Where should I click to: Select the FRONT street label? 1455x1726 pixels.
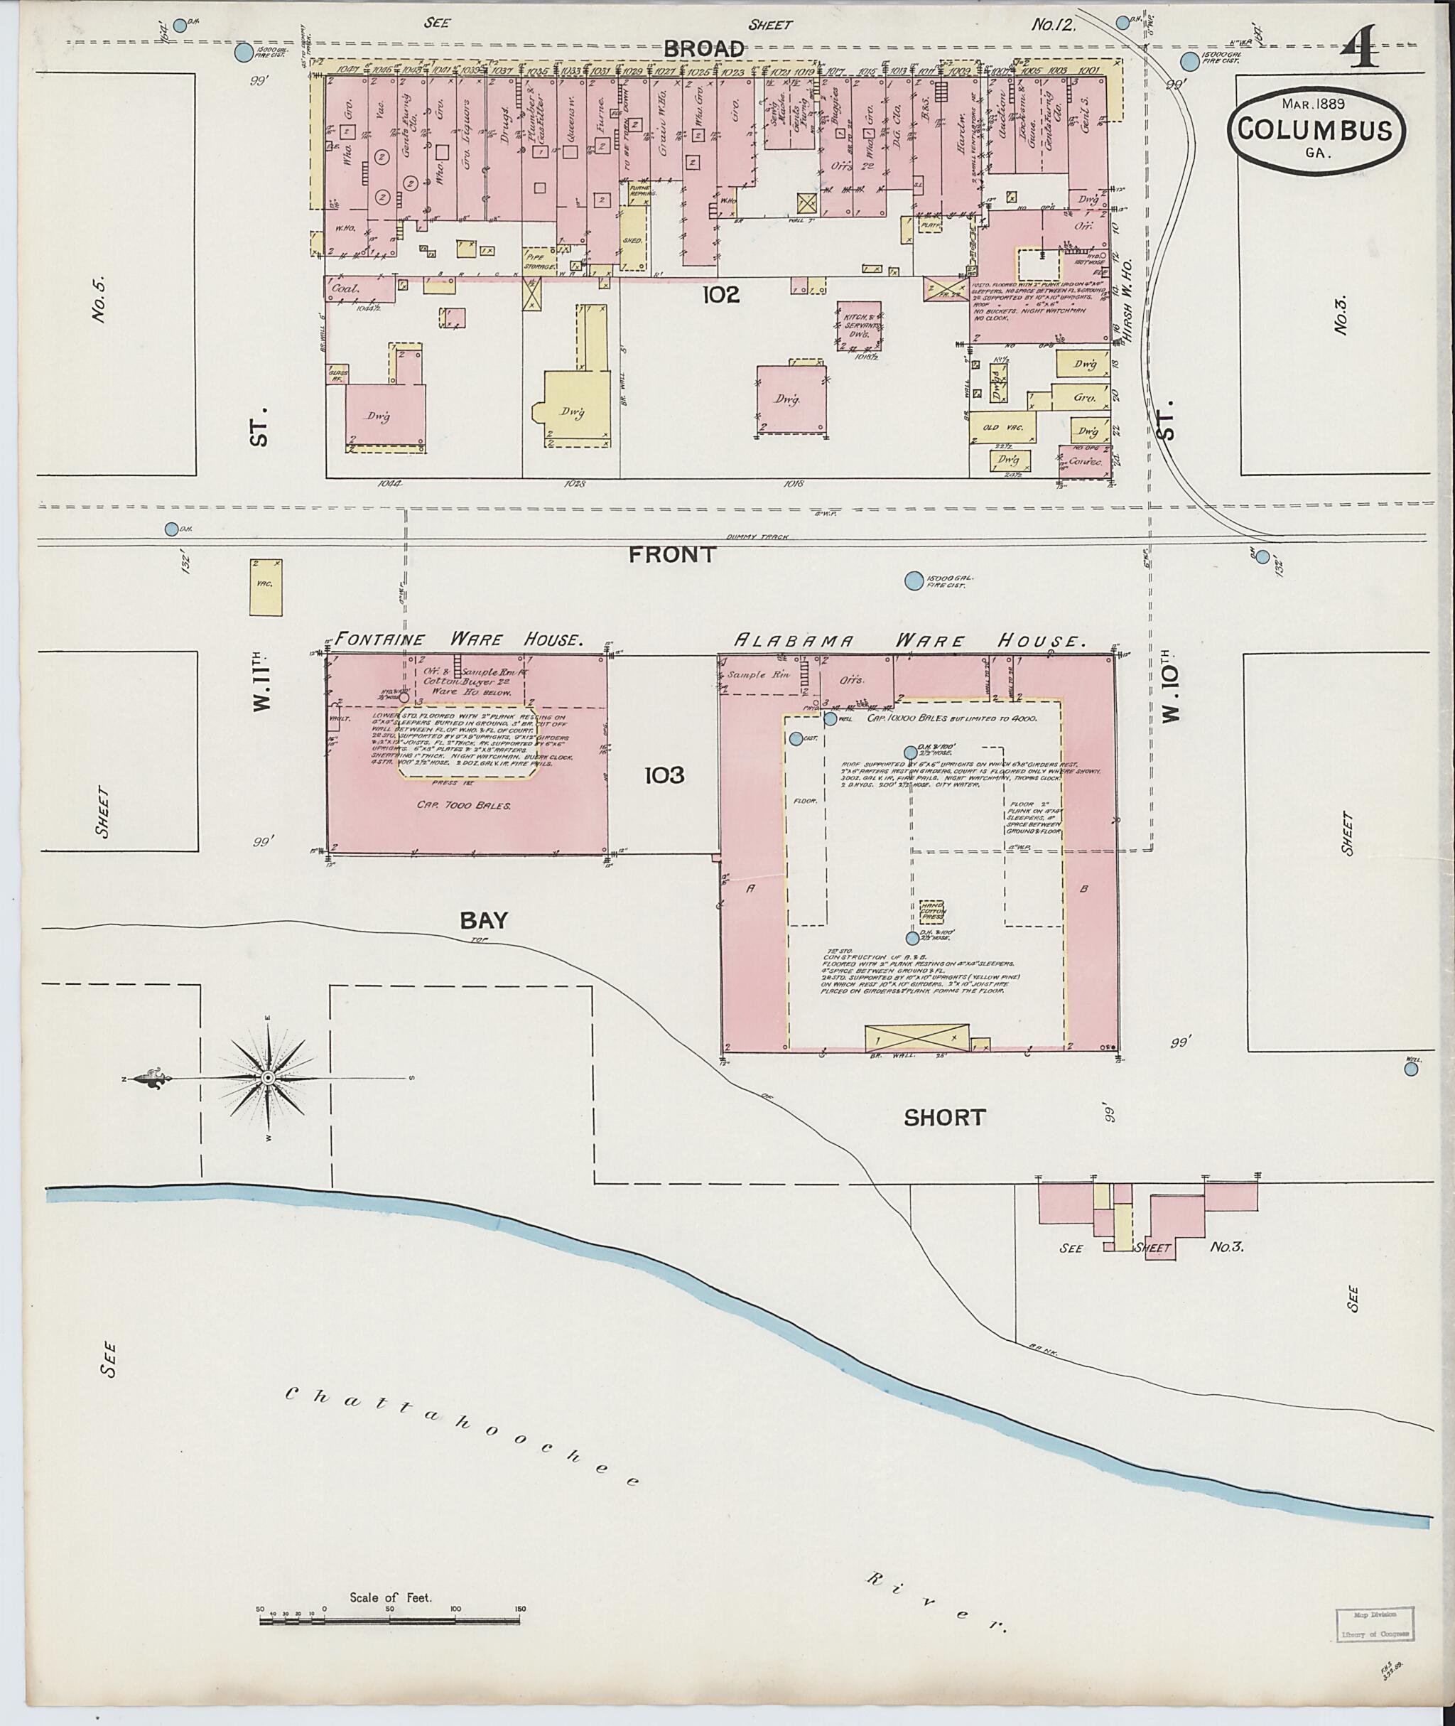[x=672, y=555]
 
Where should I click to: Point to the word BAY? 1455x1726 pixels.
[x=485, y=920]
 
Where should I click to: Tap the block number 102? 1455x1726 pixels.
[x=720, y=295]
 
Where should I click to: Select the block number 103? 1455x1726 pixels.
[x=665, y=775]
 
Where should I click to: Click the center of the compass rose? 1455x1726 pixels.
[x=269, y=1079]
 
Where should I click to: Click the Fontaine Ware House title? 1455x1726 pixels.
[x=459, y=639]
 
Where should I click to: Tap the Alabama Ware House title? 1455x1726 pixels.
[x=906, y=641]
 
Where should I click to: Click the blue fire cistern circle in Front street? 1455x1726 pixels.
[x=913, y=581]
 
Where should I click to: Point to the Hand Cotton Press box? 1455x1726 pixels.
[x=932, y=911]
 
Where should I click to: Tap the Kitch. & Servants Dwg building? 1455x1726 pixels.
[x=860, y=325]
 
